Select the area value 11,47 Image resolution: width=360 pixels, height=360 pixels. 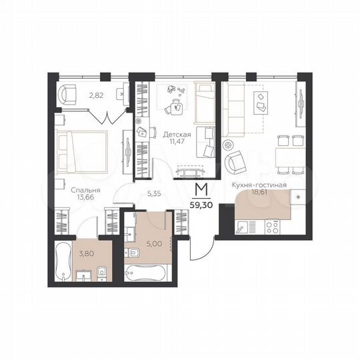177,142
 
